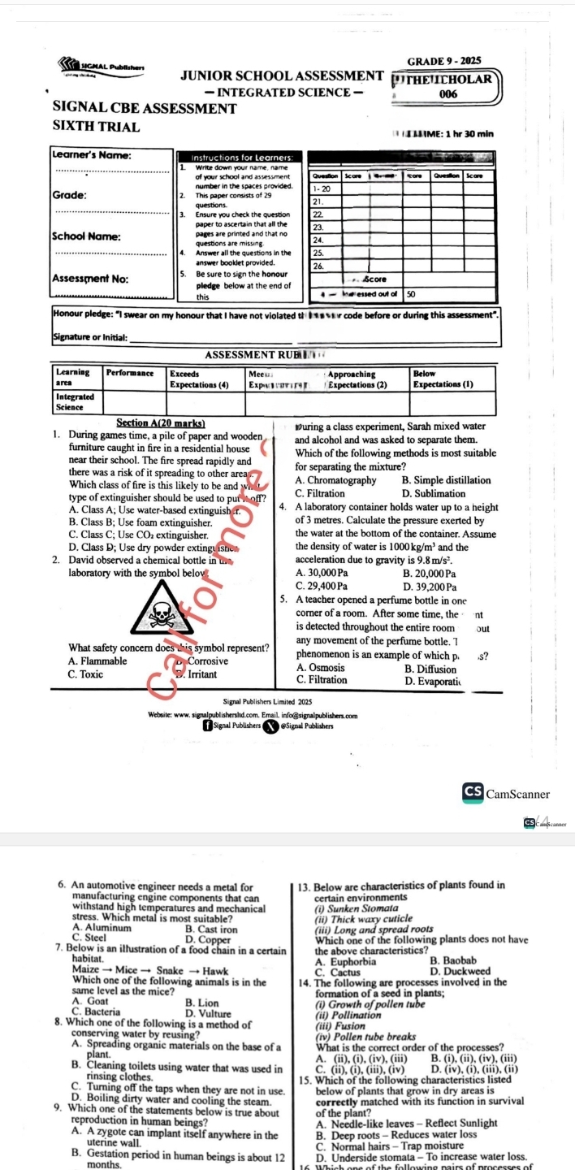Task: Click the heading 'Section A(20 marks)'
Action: [161, 422]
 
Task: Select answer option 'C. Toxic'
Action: [86, 674]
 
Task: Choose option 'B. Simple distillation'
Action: [446, 480]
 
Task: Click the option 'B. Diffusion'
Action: [430, 669]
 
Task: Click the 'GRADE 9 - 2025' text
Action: [443, 61]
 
